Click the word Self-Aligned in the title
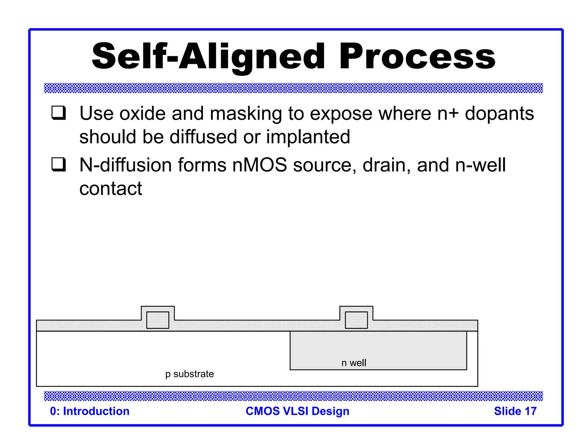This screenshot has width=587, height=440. click(x=208, y=56)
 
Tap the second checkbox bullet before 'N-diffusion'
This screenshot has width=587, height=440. click(x=58, y=164)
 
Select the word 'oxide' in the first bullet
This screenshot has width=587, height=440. click(x=142, y=113)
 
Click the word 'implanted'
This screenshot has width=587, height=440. click(x=308, y=137)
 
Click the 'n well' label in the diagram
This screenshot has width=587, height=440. click(x=354, y=363)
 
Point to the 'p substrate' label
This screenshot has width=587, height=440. click(x=189, y=374)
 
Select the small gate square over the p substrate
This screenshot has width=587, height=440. click(x=158, y=320)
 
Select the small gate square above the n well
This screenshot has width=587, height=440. click(x=356, y=320)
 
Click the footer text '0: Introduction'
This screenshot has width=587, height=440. click(x=90, y=411)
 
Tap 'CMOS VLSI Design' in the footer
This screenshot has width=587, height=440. click(x=298, y=411)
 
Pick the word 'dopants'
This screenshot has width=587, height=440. click(x=499, y=113)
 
